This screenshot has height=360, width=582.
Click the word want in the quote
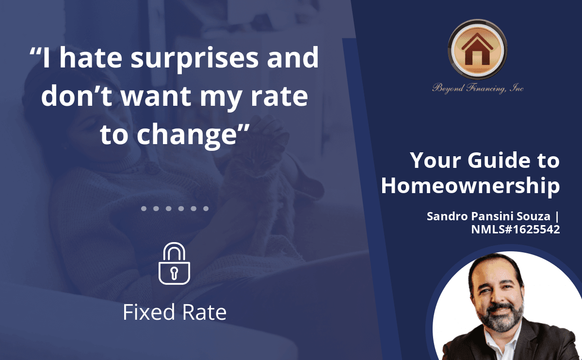click(x=156, y=96)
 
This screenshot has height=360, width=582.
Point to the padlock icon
click(x=174, y=263)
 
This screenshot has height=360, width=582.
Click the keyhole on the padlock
click(x=174, y=273)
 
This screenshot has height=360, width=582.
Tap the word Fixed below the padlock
click(x=149, y=312)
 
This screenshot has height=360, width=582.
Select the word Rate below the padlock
click(x=204, y=312)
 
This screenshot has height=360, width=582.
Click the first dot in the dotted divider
click(x=144, y=209)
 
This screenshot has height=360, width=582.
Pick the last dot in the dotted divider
click(x=206, y=209)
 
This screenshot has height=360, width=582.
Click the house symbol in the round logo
click(x=477, y=49)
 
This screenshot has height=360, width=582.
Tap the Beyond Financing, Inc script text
click(x=478, y=88)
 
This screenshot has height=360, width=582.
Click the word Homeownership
click(x=470, y=186)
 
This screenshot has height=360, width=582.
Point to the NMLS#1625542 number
click(x=516, y=229)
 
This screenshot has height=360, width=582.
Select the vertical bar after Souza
click(x=557, y=216)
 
